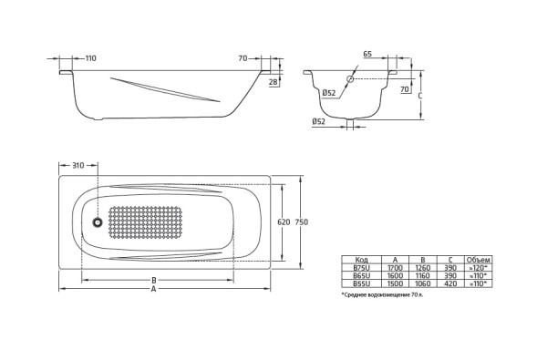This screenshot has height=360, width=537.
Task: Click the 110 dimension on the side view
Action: tap(89, 58)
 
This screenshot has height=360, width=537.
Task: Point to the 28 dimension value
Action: tap(274, 81)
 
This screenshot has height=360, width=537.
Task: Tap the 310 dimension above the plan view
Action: tap(77, 165)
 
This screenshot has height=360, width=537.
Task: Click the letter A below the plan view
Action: tap(153, 290)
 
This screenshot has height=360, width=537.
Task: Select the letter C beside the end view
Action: tap(418, 94)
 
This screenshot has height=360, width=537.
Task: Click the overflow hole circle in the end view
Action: tap(348, 80)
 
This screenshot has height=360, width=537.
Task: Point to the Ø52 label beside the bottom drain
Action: tap(319, 121)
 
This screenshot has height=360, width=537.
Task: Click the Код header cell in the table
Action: tap(362, 260)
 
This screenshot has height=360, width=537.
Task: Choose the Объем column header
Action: tap(477, 260)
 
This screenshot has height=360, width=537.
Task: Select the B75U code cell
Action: tap(362, 268)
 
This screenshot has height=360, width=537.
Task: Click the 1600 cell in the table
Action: tap(395, 275)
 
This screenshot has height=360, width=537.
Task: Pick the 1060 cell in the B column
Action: tap(422, 283)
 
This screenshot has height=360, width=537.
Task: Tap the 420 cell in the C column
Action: tap(450, 283)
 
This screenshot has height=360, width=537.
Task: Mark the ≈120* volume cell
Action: tap(477, 268)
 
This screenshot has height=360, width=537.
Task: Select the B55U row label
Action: tap(362, 283)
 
